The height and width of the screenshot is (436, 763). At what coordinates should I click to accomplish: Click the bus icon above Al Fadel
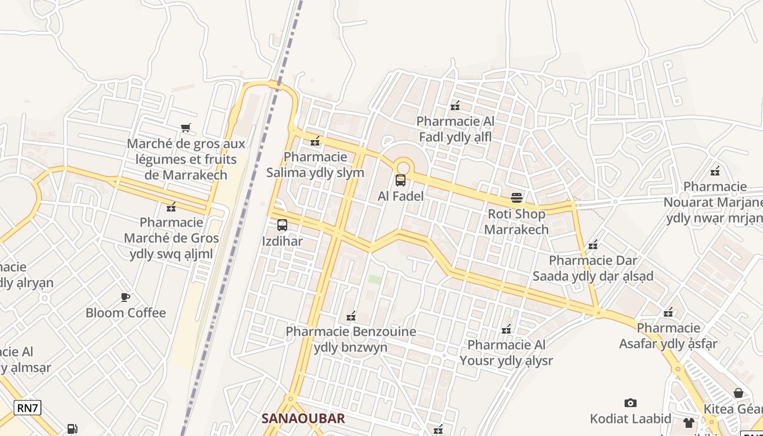[x=401, y=180]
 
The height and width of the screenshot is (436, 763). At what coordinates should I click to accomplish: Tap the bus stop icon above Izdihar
[x=282, y=225]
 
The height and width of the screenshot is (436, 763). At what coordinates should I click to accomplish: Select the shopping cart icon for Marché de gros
[x=186, y=128]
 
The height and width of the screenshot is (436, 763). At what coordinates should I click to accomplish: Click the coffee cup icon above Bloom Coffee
[x=125, y=297]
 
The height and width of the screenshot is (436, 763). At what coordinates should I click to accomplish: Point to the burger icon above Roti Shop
[x=517, y=198]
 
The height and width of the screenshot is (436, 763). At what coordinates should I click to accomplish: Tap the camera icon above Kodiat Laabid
[x=631, y=403]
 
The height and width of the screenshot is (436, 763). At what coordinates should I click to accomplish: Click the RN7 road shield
[x=27, y=408]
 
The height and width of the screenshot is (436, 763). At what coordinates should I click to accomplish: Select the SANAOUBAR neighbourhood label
[x=303, y=418]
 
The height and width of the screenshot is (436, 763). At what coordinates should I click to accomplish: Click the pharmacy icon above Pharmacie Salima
[x=315, y=142]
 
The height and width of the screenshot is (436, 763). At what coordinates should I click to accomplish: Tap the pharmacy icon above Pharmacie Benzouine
[x=351, y=316]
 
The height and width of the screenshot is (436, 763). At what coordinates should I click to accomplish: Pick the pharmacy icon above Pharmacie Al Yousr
[x=506, y=329]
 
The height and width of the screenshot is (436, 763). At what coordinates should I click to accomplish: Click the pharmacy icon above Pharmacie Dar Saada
[x=593, y=245]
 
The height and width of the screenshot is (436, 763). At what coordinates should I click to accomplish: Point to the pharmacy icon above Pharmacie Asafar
[x=668, y=312]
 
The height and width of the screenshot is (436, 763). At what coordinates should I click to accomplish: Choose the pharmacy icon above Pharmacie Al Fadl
[x=455, y=106]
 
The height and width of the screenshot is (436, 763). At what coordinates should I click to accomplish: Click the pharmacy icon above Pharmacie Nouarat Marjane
[x=715, y=171]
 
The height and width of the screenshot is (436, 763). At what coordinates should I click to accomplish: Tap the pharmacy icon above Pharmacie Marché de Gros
[x=171, y=207]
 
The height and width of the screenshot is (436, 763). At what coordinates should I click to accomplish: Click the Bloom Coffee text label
[x=125, y=313]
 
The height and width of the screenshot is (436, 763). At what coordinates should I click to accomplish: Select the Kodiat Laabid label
[x=631, y=419]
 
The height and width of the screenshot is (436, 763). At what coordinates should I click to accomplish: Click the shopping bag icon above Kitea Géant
[x=738, y=393]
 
